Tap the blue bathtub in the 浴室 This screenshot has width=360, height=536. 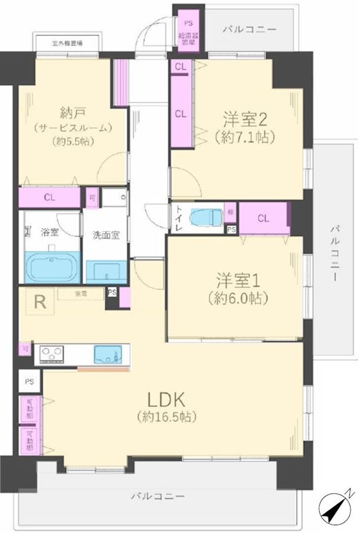51,267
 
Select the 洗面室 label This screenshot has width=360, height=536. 106,235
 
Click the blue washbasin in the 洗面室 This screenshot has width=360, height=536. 107,272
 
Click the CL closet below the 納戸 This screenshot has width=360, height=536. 49,198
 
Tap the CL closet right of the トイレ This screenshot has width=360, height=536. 263,218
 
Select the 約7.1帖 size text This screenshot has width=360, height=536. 245,139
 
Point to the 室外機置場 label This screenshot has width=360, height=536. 67,44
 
